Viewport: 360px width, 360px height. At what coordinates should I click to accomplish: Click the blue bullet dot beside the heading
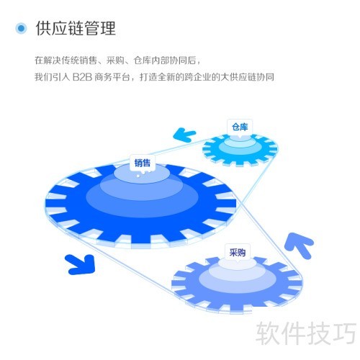click(x=21, y=28)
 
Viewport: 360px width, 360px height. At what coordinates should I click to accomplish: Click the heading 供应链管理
click(x=76, y=28)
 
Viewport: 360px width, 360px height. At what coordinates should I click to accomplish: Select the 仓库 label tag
click(x=240, y=127)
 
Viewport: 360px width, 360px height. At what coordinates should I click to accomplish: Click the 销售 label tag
click(x=143, y=163)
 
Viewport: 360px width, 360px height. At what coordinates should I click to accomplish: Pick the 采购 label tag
click(x=238, y=253)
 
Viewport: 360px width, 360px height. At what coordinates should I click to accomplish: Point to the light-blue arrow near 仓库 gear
click(x=184, y=135)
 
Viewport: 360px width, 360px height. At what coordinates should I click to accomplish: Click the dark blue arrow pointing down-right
click(x=81, y=264)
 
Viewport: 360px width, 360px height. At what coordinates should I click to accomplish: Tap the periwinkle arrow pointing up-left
click(x=299, y=246)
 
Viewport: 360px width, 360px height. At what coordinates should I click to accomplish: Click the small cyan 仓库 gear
click(x=240, y=150)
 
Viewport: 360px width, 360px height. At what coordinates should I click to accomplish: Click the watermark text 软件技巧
click(x=306, y=333)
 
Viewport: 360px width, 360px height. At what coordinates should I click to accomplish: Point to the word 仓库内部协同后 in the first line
click(x=165, y=60)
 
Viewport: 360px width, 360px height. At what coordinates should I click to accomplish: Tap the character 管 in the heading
click(x=92, y=28)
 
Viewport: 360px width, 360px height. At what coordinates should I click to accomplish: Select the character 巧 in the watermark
click(x=345, y=333)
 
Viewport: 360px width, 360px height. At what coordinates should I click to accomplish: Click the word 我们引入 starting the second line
click(x=53, y=77)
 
